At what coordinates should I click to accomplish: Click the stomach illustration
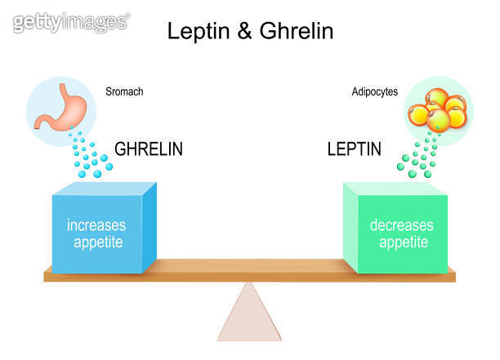coord(59,109)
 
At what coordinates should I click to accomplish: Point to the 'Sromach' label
coord(124,92)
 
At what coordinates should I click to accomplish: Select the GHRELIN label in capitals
coord(149,149)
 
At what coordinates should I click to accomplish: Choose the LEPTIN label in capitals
coord(354,149)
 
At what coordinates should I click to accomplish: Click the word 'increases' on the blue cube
coord(96,224)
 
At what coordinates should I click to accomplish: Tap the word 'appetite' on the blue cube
coord(96,242)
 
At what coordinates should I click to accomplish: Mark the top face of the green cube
coord(397,189)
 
